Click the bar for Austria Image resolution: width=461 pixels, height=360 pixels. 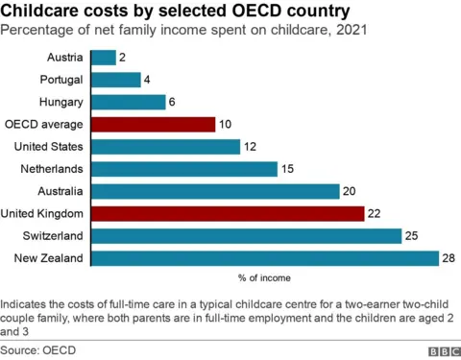[x=104, y=58]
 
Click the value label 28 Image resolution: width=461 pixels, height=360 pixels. [x=449, y=258]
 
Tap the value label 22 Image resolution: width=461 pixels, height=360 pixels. [x=375, y=213]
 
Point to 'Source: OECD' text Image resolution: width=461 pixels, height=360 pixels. [x=38, y=349]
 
